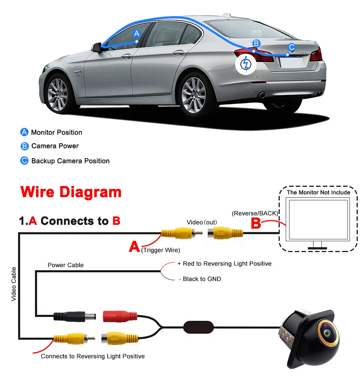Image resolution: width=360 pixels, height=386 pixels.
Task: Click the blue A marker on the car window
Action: pyautogui.click(x=136, y=33)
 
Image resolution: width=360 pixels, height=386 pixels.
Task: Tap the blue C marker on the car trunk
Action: pyautogui.click(x=291, y=47)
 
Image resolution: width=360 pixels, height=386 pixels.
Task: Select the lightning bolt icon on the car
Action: pyautogui.click(x=246, y=65)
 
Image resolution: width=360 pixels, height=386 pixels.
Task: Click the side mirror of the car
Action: pyautogui.click(x=97, y=47)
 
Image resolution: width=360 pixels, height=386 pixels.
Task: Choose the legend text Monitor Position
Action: pyautogui.click(x=57, y=132)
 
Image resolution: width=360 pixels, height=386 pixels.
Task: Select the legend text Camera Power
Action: pyautogui.click(x=55, y=146)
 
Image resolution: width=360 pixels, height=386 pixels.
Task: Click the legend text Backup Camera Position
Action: pyautogui.click(x=70, y=161)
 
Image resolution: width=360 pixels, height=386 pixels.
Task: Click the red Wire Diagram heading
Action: pyautogui.click(x=71, y=192)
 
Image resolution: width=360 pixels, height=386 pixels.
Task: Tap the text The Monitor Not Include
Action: pyautogui.click(x=318, y=192)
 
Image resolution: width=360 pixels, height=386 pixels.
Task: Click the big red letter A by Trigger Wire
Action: pyautogui.click(x=134, y=246)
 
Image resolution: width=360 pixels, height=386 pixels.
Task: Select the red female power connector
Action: pyautogui.click(x=117, y=316)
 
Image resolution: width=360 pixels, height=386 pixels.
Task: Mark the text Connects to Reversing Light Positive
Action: pyautogui.click(x=93, y=356)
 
